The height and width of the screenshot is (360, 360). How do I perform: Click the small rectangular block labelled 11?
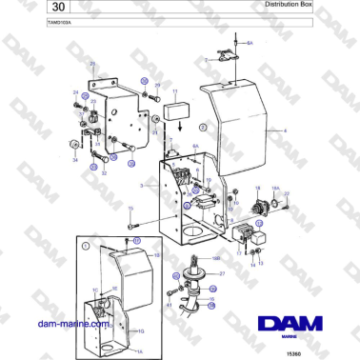(175, 111)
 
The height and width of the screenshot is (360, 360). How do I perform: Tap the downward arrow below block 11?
(168, 131)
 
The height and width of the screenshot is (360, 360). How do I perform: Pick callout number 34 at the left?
(75, 160)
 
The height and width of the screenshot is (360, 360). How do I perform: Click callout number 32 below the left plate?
(104, 173)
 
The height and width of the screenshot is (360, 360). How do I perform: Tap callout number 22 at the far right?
(287, 194)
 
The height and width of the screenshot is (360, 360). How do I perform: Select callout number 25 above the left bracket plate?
(92, 65)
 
